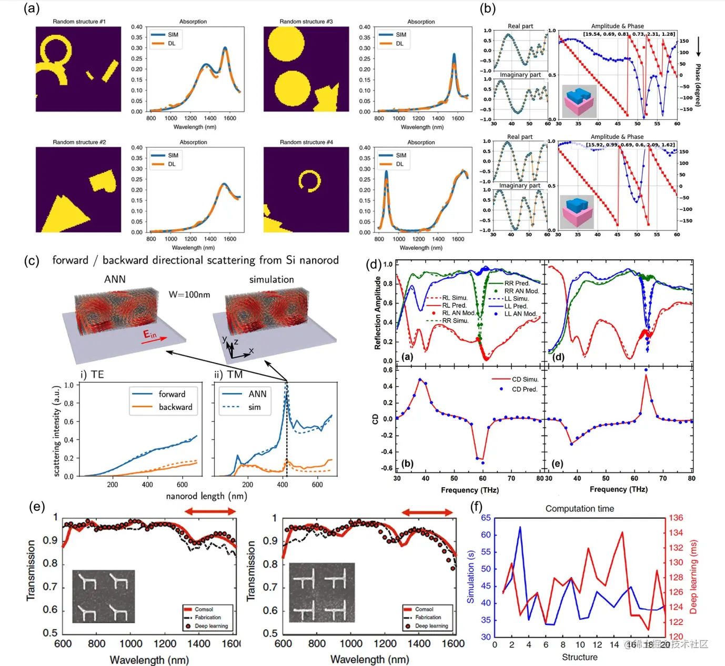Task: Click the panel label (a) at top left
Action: click(32, 8)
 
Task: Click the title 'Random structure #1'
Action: click(79, 22)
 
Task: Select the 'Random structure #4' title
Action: click(306, 142)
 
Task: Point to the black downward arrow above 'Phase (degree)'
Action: click(699, 47)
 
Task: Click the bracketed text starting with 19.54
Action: click(629, 34)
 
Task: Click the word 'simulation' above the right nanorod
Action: click(271, 280)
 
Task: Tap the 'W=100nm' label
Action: click(189, 295)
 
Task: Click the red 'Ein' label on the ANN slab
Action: click(150, 335)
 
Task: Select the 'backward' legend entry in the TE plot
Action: click(175, 407)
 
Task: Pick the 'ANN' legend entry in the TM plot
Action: click(257, 394)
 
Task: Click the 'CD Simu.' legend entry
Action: click(525, 379)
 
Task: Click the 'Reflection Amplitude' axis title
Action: click(377, 313)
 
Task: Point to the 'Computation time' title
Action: click(579, 509)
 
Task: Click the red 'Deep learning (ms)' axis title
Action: click(693, 577)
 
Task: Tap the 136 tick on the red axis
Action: click(676, 518)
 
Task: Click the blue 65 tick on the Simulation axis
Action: click(486, 518)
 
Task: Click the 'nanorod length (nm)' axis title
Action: click(206, 496)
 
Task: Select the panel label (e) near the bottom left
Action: click(37, 507)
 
